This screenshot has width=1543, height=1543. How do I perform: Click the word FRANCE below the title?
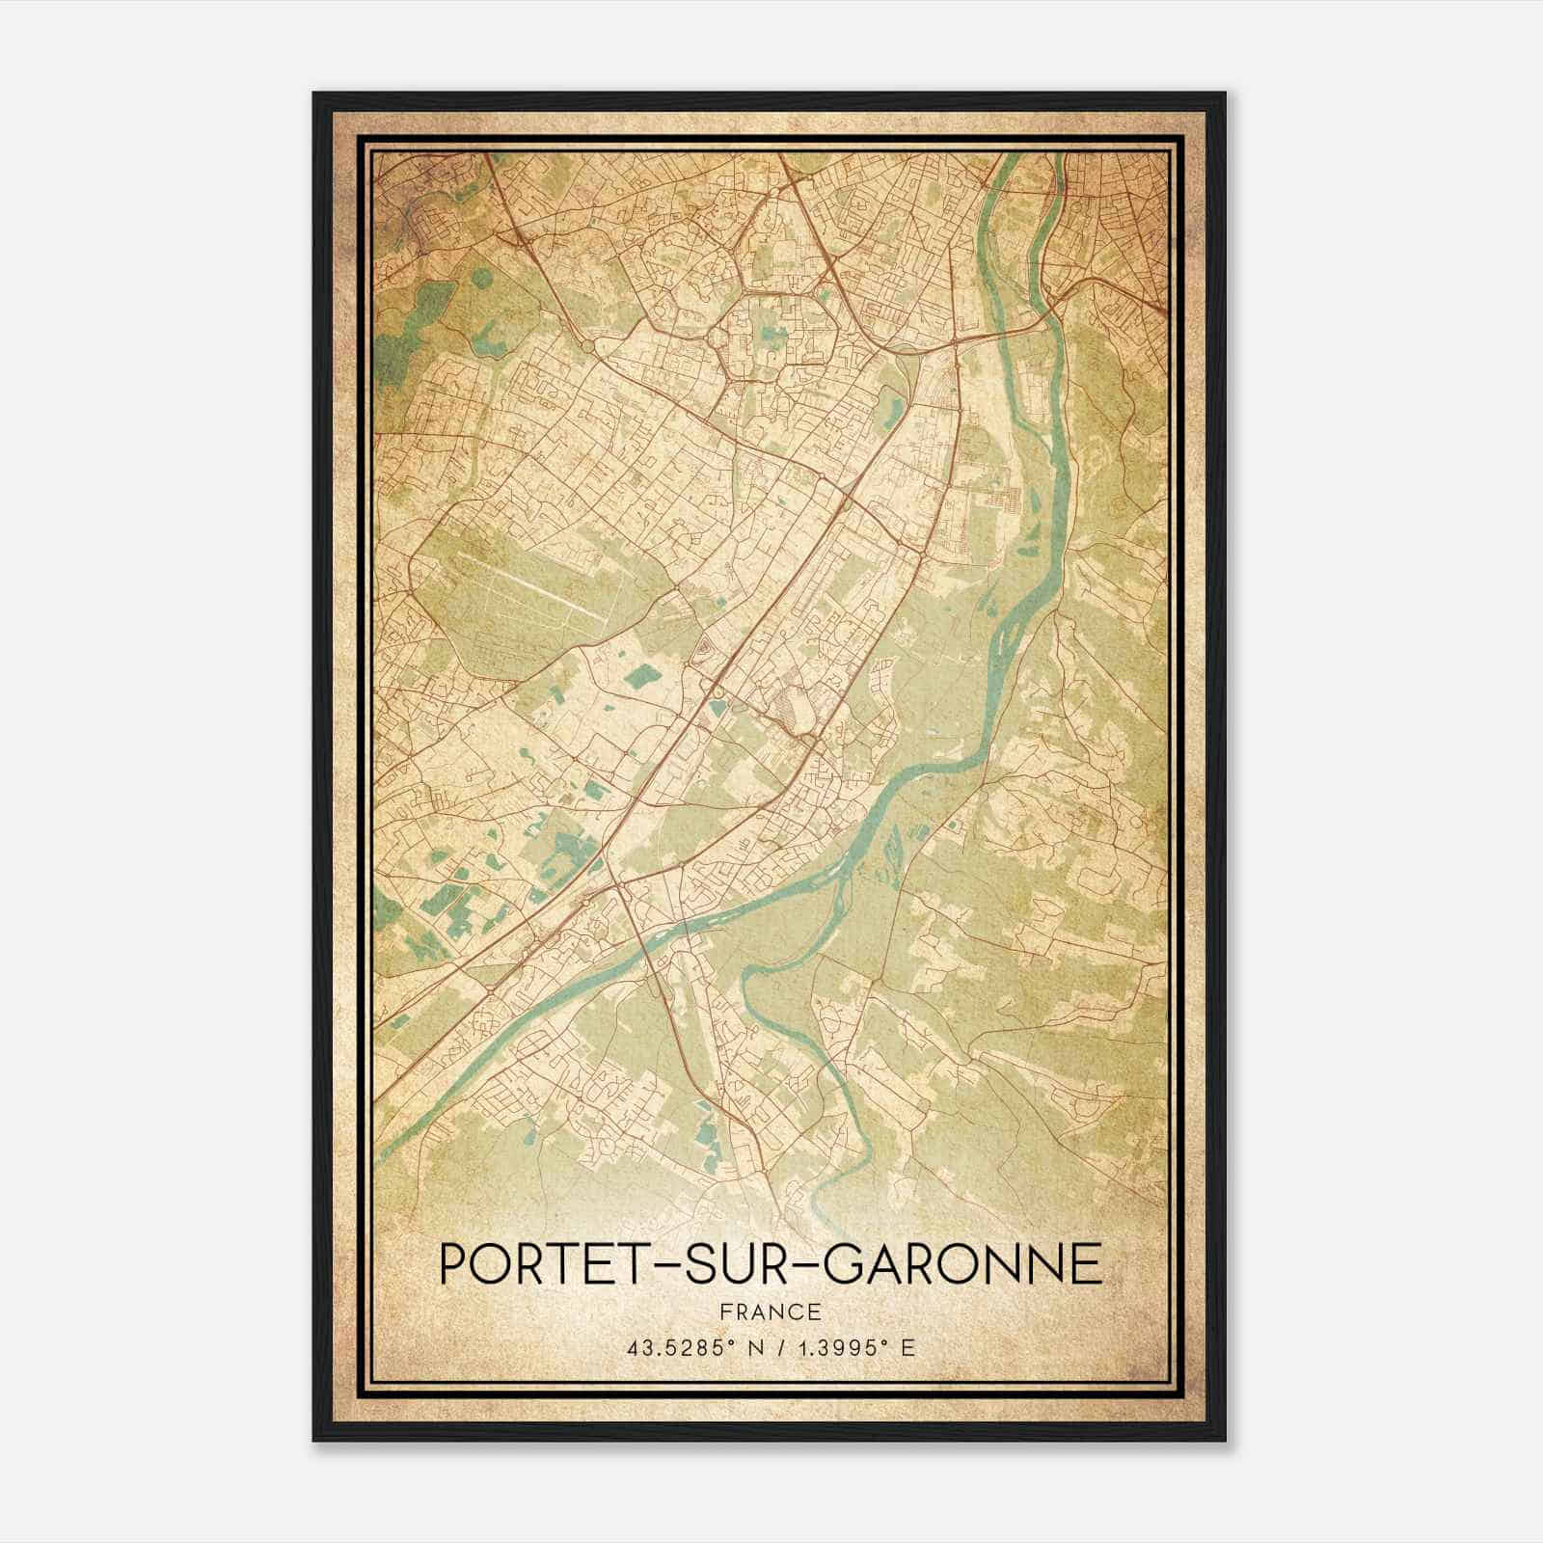point(771,1312)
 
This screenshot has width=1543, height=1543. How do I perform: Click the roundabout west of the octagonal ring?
point(587,344)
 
